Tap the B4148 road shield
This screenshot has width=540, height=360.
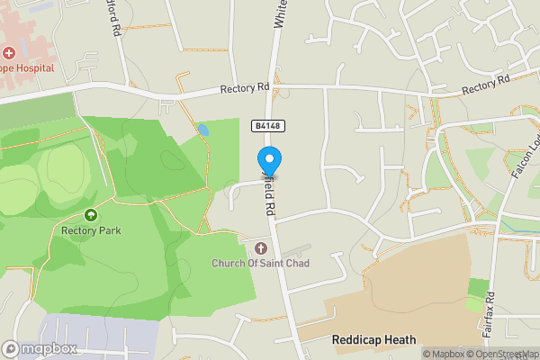pos(265,128)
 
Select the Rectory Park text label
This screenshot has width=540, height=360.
pos(91,230)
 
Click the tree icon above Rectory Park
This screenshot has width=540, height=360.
pos(91,215)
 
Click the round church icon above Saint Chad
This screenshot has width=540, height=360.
pos(262,247)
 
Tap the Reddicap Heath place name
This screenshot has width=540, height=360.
pos(373,339)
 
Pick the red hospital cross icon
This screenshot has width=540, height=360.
pos(9,54)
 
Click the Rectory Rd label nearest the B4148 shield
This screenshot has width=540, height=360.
pos(245,88)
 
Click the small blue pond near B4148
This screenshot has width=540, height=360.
pos(203,130)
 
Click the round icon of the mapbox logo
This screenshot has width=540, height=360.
pos(11,348)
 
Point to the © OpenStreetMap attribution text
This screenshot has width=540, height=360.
pos(505,354)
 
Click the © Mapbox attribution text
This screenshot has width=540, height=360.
pos(445,354)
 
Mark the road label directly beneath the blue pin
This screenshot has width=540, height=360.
pos(268,196)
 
